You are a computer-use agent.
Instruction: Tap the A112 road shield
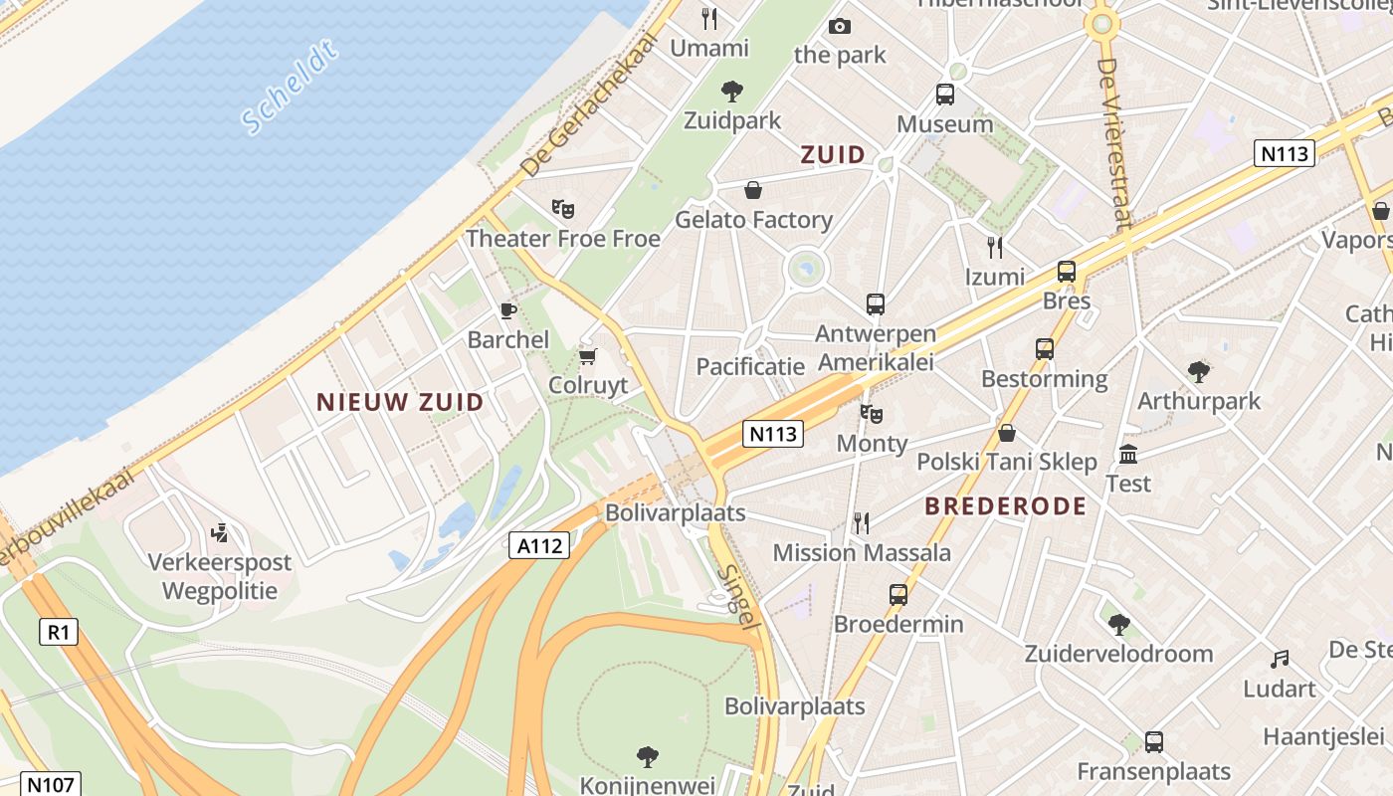[x=539, y=545]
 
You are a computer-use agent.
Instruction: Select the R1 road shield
[x=58, y=631]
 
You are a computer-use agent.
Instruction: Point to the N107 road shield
[x=50, y=784]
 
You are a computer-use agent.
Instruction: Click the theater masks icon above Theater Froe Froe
[x=563, y=209]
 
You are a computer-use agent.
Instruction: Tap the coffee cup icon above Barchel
[x=508, y=310]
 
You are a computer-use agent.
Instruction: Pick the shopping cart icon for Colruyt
[x=588, y=356]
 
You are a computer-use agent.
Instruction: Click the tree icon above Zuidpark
[x=732, y=92]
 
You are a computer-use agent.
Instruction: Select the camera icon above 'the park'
[x=840, y=26]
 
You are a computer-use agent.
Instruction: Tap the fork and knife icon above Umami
[x=709, y=18]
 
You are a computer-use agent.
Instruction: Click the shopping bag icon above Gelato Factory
[x=753, y=190]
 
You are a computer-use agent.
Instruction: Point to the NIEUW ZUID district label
[x=400, y=402]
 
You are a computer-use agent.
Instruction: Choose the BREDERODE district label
[x=1005, y=505]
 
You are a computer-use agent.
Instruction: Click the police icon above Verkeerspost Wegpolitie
[x=220, y=533]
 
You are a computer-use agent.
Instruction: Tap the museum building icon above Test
[x=1128, y=455]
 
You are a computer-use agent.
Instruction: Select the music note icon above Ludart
[x=1280, y=659]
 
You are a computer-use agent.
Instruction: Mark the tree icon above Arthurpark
[x=1198, y=372]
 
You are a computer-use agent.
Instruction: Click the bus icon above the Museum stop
[x=945, y=95]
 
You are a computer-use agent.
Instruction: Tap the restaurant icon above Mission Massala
[x=862, y=522]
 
